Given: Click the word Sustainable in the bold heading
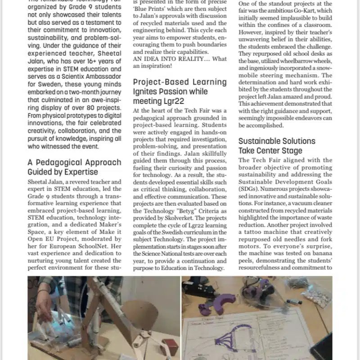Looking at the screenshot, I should [x=259, y=141].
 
